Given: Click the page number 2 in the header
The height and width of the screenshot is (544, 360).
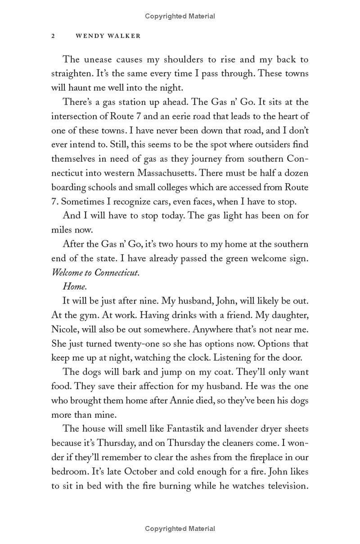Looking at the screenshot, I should point(53,36).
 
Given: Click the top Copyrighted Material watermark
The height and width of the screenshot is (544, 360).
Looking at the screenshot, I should point(180,16).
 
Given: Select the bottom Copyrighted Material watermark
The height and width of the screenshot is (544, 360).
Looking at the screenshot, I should point(180,529).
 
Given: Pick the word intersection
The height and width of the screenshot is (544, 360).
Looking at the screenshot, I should point(75,116).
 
